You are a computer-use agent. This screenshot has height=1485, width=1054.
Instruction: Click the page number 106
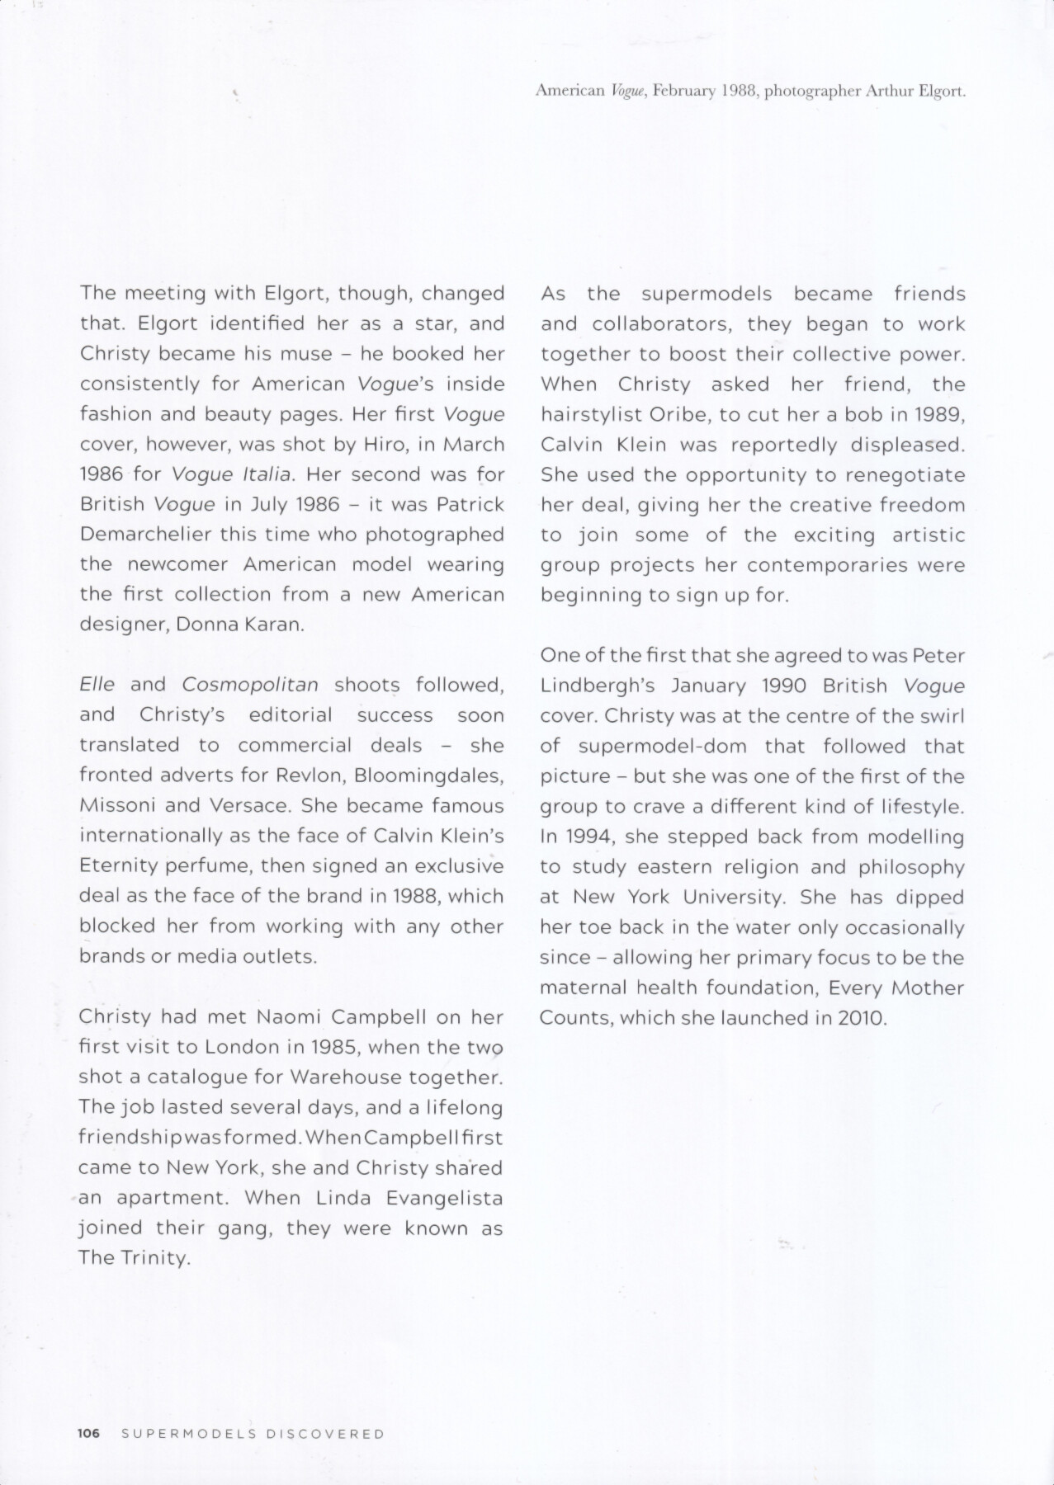[x=88, y=1434]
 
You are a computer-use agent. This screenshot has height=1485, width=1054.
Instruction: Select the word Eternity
[x=116, y=866]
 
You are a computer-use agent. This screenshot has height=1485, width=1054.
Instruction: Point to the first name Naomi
[x=294, y=1017]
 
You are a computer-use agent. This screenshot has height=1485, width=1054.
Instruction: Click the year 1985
[x=332, y=1048]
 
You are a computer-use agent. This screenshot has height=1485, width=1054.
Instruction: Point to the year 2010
[x=860, y=1018]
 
